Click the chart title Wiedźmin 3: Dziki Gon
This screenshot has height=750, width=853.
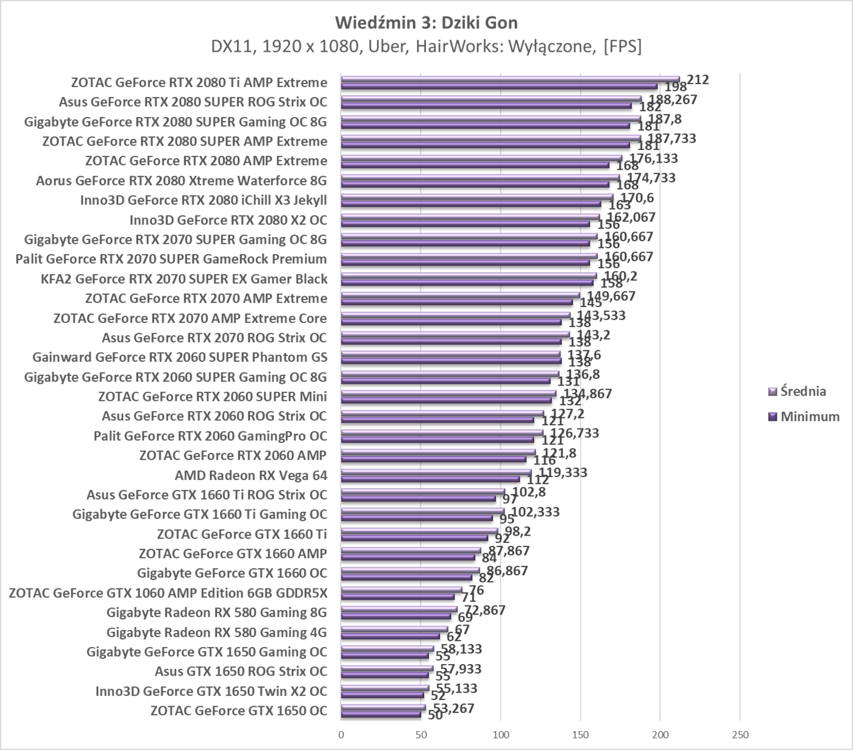426,23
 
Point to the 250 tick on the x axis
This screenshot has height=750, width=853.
740,735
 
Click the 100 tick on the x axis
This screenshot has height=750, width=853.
500,735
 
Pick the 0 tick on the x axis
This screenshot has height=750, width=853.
341,735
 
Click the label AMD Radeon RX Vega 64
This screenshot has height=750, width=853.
250,475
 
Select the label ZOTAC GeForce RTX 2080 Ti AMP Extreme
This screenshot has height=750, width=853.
199,82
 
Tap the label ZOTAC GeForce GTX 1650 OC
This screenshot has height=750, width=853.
238,710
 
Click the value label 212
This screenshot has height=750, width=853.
698,80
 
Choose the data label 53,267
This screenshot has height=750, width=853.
450,708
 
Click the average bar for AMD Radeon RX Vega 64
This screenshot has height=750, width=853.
436,472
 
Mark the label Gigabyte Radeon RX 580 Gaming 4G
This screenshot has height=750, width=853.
216,632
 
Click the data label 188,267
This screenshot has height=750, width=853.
673,99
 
